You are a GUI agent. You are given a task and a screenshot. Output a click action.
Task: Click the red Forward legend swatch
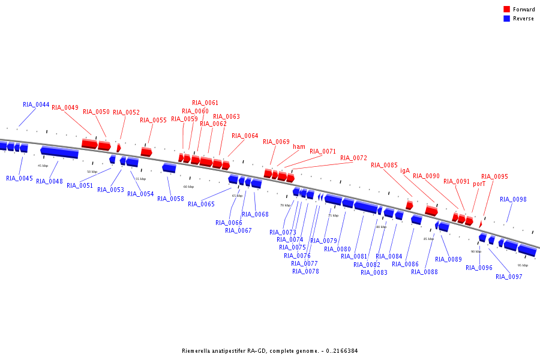507,10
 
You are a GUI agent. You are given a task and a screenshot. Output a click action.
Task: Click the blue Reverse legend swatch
507,19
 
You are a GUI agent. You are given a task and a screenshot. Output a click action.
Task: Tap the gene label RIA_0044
36,104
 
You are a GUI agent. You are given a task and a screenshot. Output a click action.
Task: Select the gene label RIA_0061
205,103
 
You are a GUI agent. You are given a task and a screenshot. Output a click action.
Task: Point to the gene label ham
299,146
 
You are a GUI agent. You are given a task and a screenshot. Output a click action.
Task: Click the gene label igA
405,170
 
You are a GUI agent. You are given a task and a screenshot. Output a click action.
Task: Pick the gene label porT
479,184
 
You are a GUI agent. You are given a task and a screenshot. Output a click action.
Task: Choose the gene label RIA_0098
513,199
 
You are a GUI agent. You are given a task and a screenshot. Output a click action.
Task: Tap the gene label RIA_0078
305,271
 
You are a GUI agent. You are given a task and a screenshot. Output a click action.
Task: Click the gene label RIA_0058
170,199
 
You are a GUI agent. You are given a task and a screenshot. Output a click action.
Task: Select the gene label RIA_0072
353,158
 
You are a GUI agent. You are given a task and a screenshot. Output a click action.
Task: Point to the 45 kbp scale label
43,166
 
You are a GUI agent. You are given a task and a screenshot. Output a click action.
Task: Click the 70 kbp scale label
285,205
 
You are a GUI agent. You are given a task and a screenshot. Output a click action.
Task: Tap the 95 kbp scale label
523,265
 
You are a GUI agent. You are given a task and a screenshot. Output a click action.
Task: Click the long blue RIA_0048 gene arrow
59,152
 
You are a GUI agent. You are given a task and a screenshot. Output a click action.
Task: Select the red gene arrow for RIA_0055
146,152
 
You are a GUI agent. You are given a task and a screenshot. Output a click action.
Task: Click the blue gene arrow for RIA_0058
169,168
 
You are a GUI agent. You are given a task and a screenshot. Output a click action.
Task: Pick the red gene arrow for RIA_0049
89,143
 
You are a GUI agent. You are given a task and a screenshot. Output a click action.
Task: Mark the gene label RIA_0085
384,165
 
